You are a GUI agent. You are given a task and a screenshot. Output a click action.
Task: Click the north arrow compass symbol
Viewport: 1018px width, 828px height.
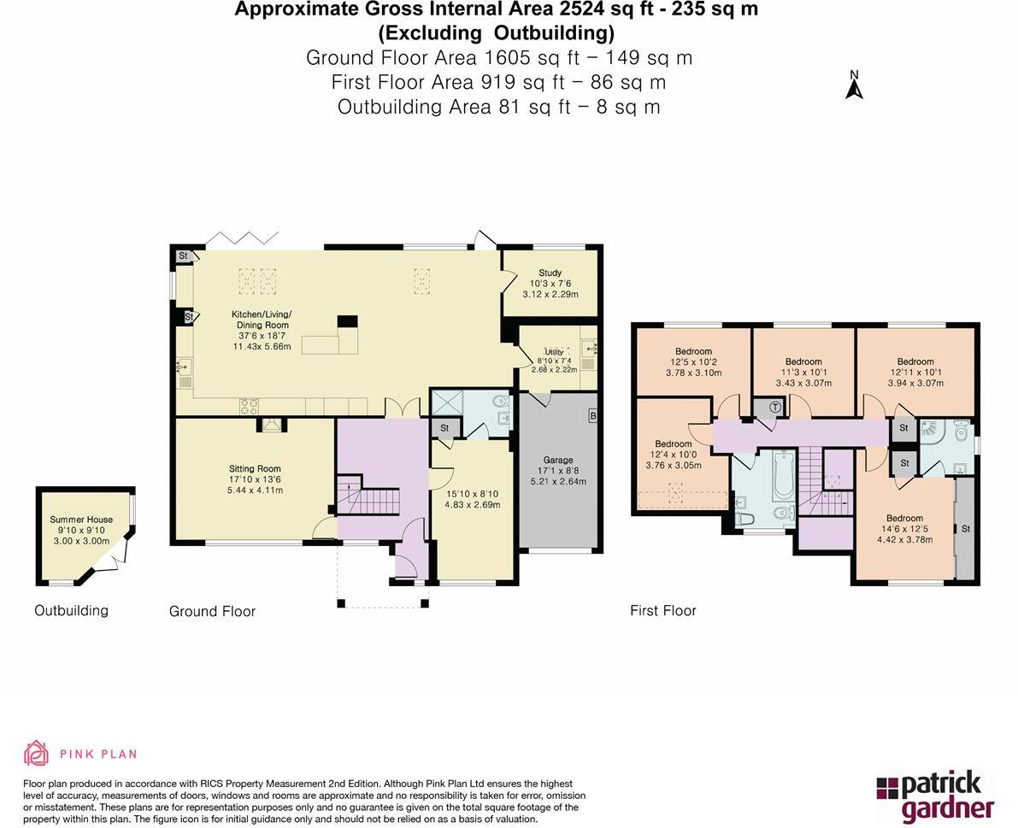pos(853,85)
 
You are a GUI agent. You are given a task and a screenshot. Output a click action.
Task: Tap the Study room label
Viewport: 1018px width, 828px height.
pos(550,273)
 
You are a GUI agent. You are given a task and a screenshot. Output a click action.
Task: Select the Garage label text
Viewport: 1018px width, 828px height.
pos(558,460)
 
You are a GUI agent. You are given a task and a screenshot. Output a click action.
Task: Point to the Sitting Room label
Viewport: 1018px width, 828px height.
pos(255,468)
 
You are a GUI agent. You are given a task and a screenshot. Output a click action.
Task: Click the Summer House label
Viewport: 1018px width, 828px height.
pos(81,519)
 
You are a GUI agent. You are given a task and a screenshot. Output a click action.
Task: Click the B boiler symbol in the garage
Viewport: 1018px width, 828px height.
pos(592,416)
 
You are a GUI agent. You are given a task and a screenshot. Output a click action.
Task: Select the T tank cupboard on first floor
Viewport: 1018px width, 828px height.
pos(774,407)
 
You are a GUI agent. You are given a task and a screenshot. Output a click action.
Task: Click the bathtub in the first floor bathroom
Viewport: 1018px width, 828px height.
pos(784,479)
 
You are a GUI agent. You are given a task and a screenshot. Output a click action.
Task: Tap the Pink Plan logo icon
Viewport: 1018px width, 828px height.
pos(36,753)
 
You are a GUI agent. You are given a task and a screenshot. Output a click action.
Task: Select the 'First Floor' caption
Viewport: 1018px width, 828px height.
pos(662,610)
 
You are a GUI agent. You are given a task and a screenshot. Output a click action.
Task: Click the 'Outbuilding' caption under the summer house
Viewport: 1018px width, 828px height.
pos(71,610)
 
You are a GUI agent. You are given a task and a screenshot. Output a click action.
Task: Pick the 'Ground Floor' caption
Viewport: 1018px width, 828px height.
pos(212,611)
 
